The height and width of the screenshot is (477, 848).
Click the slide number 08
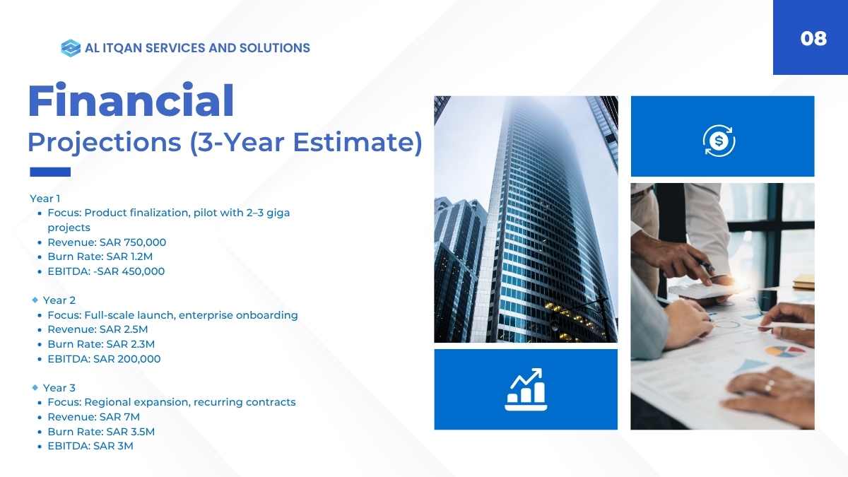pyautogui.click(x=813, y=39)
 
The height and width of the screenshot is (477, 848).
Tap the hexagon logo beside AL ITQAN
pyautogui.click(x=71, y=48)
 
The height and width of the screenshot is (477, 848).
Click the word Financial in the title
pyautogui.click(x=131, y=100)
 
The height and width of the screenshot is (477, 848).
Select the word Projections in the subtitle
pyautogui.click(x=105, y=143)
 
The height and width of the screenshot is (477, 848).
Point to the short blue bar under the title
pyautogui.click(x=50, y=172)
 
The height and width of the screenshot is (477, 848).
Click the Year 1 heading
pyautogui.click(x=45, y=199)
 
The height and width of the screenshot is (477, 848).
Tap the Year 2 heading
pyautogui.click(x=59, y=300)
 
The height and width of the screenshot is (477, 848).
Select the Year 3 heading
pyautogui.click(x=59, y=388)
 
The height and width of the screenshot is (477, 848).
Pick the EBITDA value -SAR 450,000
pyautogui.click(x=129, y=271)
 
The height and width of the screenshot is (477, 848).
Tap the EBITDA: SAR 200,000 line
pyautogui.click(x=104, y=359)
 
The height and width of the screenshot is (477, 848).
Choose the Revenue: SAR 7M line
pyautogui.click(x=94, y=417)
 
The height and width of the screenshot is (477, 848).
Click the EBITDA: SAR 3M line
pyautogui.click(x=90, y=446)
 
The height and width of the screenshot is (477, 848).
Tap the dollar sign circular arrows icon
pyautogui.click(x=719, y=141)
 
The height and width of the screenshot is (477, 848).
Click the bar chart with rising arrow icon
pyautogui.click(x=526, y=389)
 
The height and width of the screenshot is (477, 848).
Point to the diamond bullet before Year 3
pyautogui.click(x=35, y=387)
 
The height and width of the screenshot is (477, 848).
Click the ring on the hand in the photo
pyautogui.click(x=769, y=386)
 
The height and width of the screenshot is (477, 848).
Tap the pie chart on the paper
pyautogui.click(x=785, y=351)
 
